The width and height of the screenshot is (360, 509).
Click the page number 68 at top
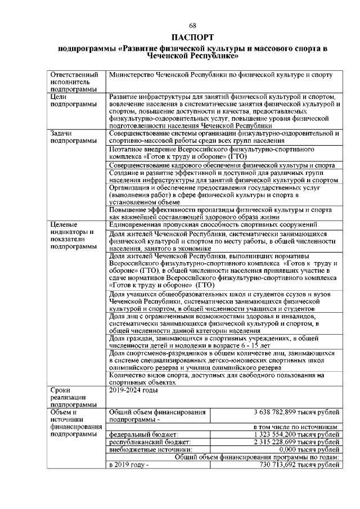(192, 26)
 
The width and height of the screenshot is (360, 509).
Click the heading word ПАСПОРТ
(192, 38)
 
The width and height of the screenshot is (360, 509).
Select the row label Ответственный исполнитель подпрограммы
(74, 82)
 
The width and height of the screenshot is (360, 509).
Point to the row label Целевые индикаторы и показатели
(71, 235)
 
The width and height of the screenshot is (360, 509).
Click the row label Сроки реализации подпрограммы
(71, 396)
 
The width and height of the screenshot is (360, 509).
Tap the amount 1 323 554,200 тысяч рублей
(297, 435)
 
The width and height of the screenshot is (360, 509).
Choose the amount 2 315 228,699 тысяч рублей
(297, 442)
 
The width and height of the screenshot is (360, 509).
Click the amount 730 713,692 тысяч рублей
(299, 465)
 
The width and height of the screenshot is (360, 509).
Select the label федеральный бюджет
(143, 435)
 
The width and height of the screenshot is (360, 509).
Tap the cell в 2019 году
(129, 465)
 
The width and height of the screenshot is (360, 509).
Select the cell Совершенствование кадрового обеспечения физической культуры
(222, 165)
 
